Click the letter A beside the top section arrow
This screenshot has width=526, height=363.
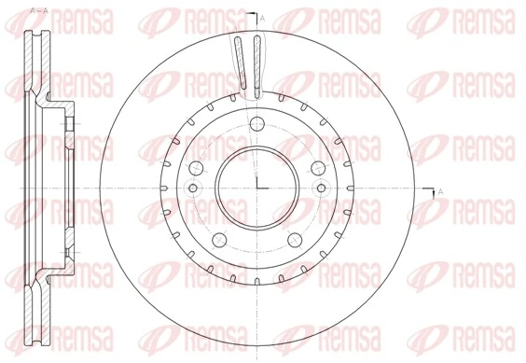click(262, 19)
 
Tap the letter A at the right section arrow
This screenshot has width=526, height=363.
click(440, 192)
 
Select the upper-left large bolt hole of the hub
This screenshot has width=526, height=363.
click(198, 168)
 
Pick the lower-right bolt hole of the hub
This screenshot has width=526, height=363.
click(295, 237)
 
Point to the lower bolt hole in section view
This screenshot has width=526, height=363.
click(68, 246)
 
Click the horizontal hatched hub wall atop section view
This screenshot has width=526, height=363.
click(58, 102)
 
